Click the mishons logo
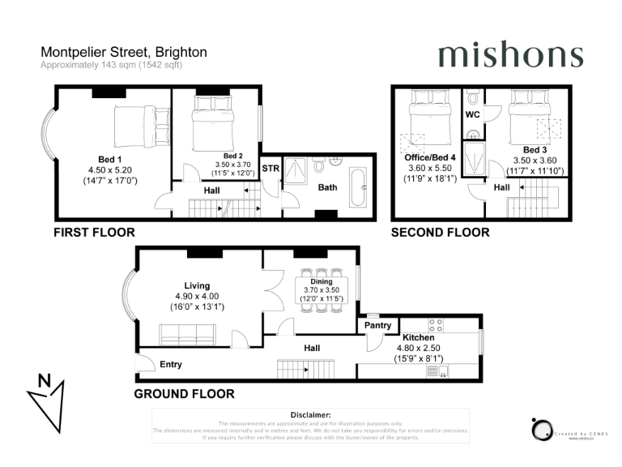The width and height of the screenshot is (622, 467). (x=510, y=55)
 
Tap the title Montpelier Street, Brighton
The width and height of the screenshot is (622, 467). (x=124, y=52)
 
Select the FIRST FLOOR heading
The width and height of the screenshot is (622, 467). (x=94, y=233)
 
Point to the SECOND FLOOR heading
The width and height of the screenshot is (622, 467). (x=440, y=233)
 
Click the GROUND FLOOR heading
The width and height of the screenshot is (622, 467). (x=184, y=394)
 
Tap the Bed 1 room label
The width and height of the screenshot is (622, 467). (x=106, y=158)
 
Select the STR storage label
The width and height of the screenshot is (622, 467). (x=271, y=169)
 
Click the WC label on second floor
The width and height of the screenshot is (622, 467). (x=473, y=115)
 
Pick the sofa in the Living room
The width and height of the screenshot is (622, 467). (x=187, y=333)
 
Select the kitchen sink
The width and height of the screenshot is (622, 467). (x=437, y=372)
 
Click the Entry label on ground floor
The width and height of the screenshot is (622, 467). (x=170, y=364)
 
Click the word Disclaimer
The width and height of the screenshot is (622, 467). (x=310, y=414)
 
